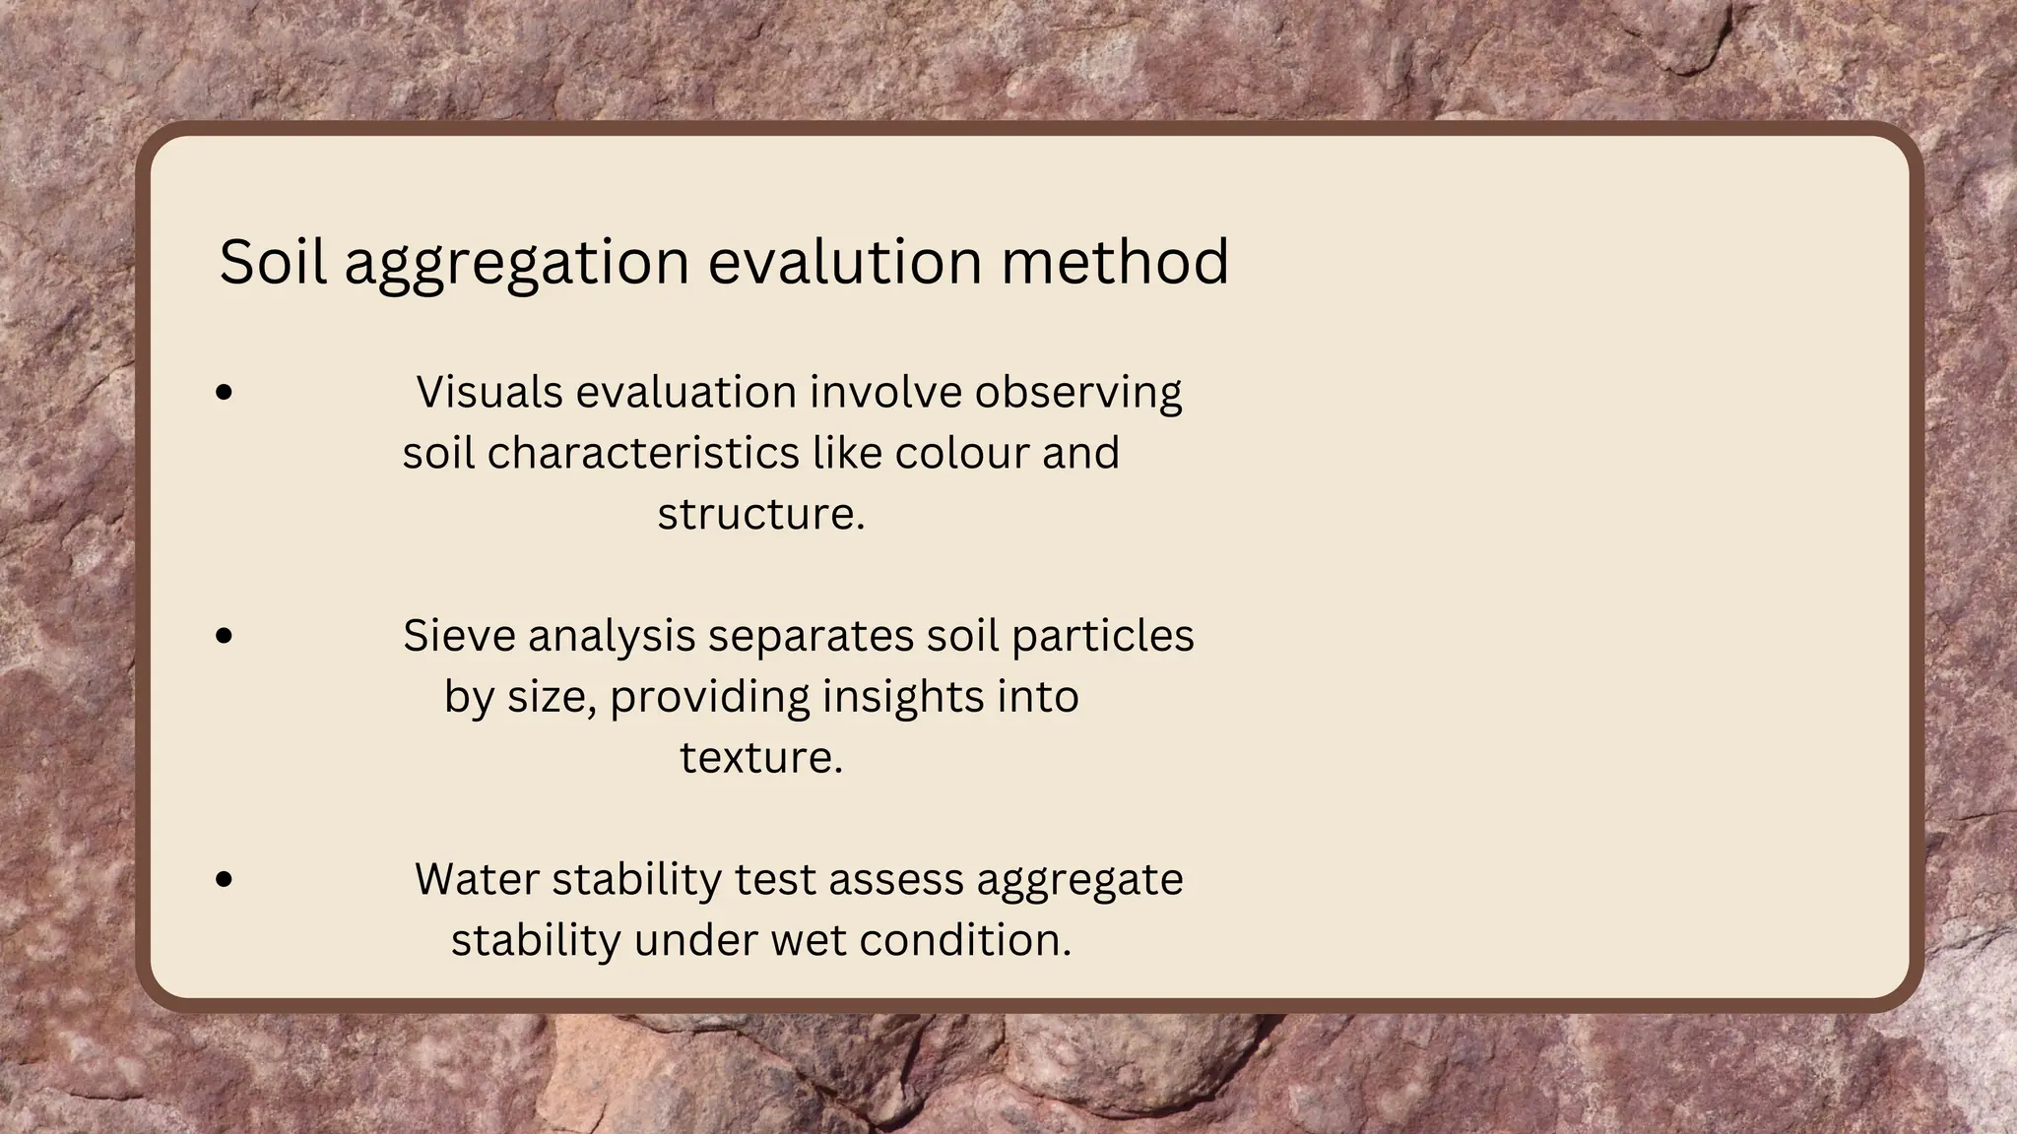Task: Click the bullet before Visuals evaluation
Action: tap(225, 393)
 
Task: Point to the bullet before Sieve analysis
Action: tap(225, 637)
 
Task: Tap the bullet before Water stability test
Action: tap(225, 880)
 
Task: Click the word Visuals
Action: tap(489, 393)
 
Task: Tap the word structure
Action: tap(760, 515)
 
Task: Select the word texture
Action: tap(760, 758)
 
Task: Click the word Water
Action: tap(477, 879)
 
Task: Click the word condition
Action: tap(964, 940)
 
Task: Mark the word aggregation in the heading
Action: tap(516, 264)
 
